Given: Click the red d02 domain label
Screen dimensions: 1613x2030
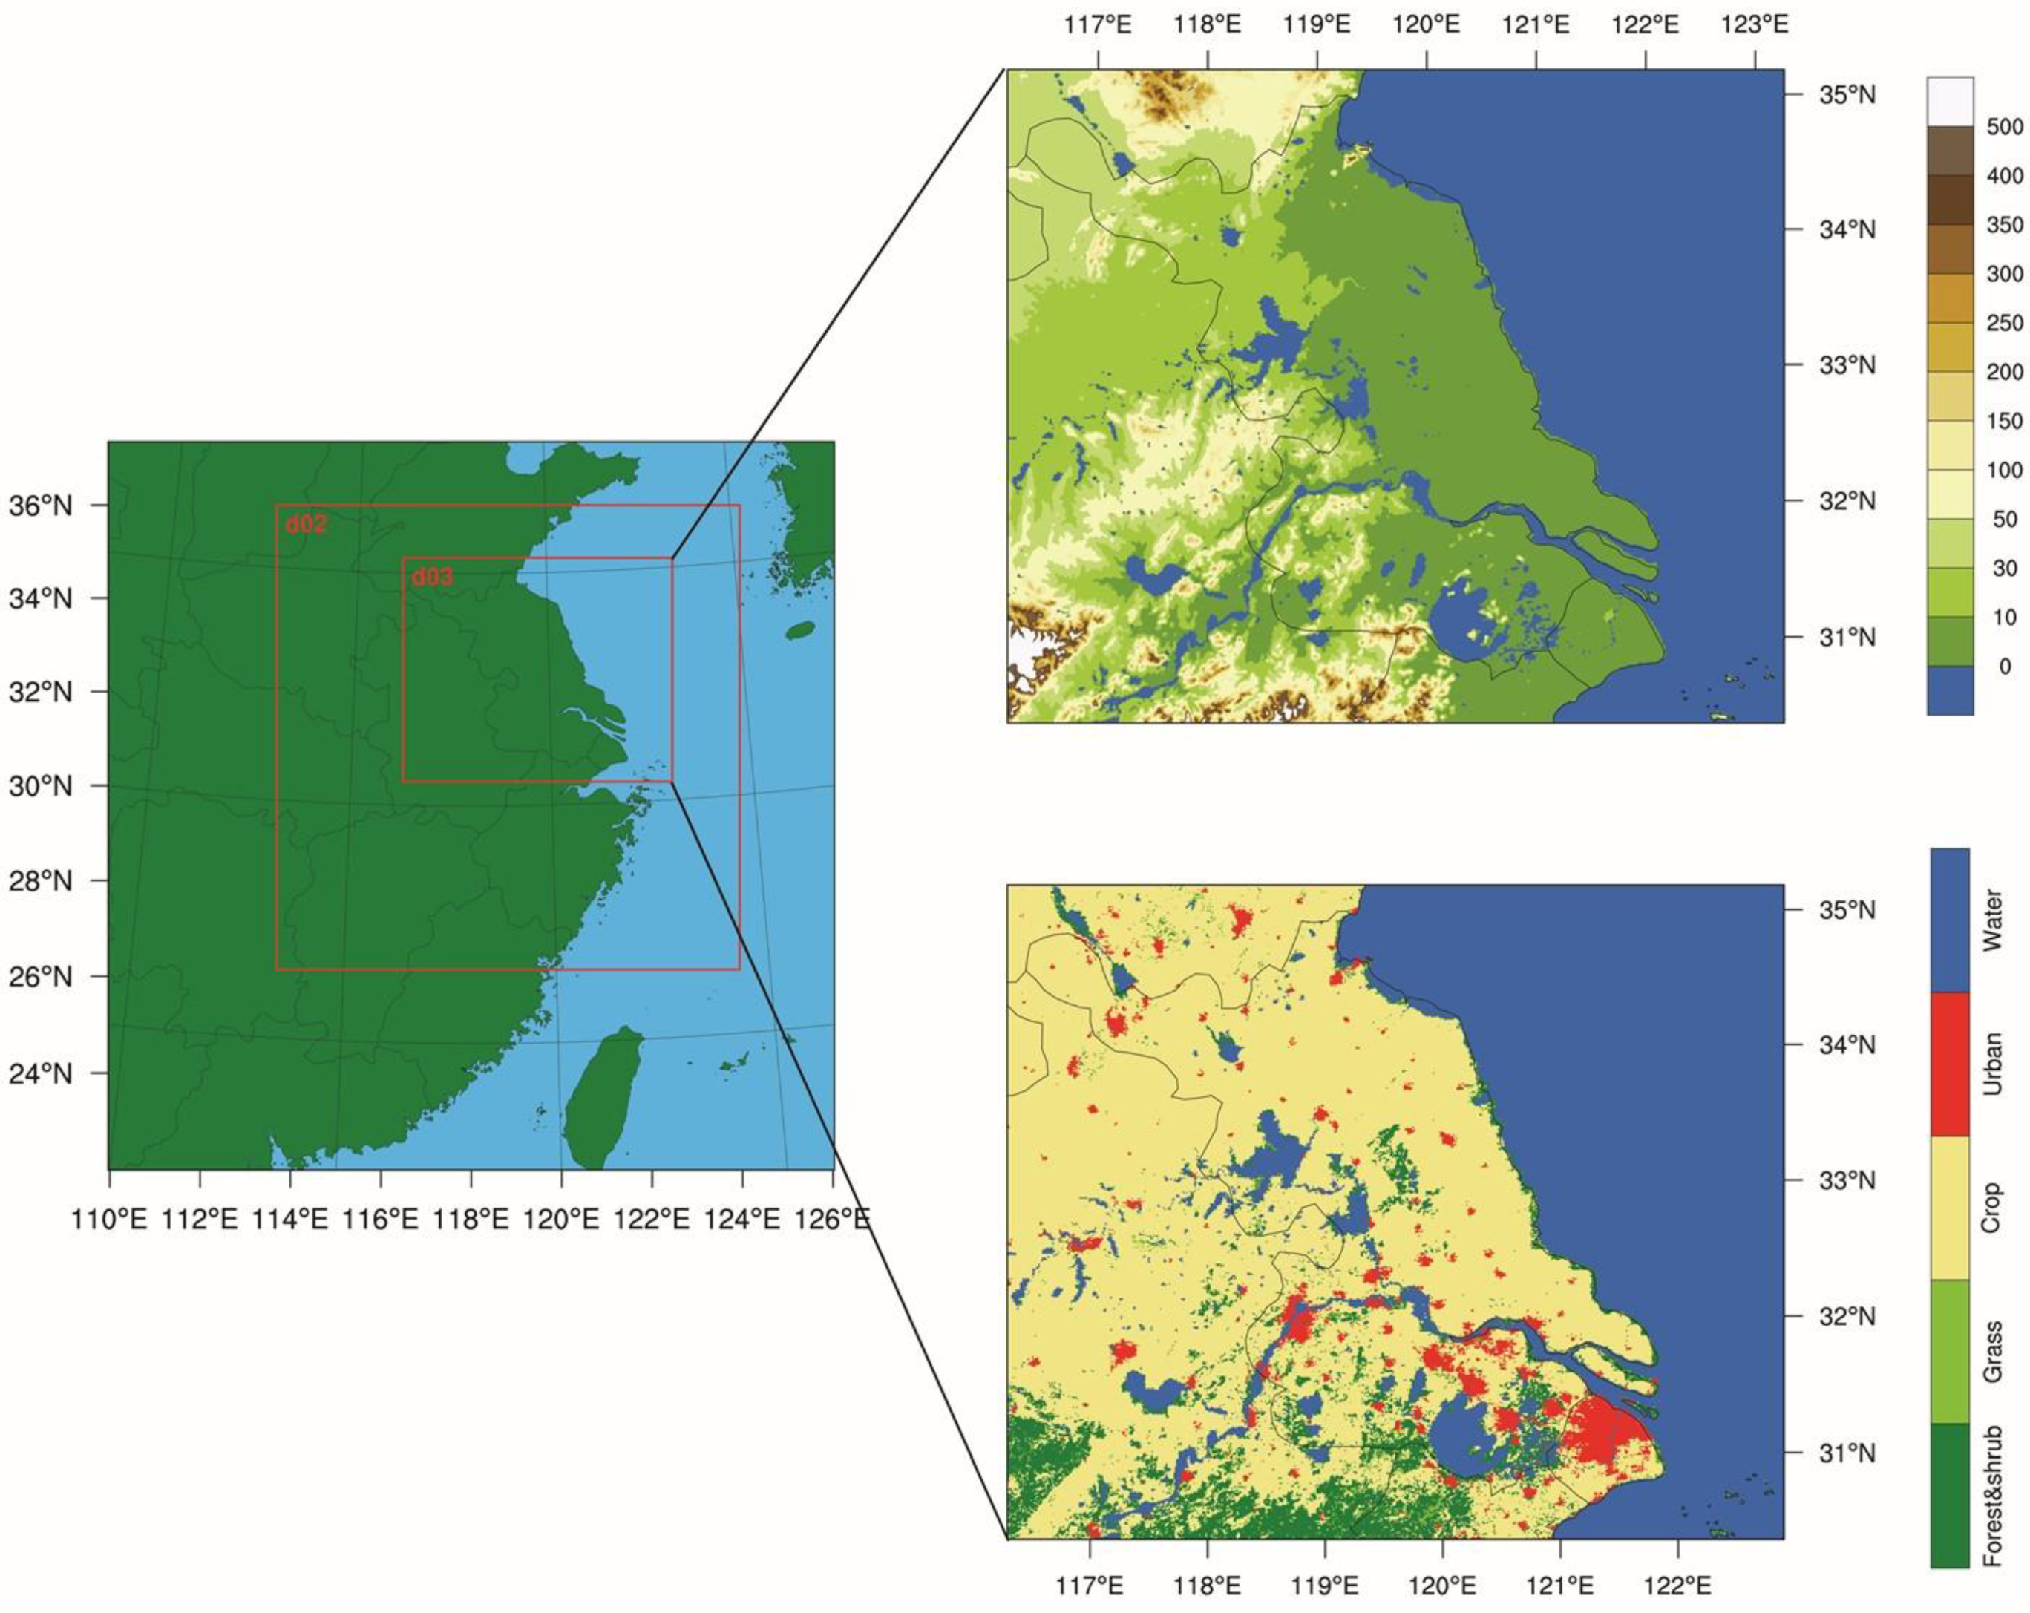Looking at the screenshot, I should pyautogui.click(x=306, y=525).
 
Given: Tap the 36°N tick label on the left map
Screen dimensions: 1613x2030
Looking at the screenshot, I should pyautogui.click(x=41, y=506).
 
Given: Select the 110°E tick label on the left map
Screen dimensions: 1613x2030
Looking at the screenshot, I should pyautogui.click(x=109, y=1220).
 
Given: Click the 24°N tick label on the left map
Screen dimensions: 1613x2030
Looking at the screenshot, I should pyautogui.click(x=41, y=1073).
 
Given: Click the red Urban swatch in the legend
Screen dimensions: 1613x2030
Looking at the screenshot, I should pyautogui.click(x=1949, y=1064).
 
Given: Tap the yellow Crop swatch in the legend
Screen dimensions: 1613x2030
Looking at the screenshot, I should pyautogui.click(x=1949, y=1208).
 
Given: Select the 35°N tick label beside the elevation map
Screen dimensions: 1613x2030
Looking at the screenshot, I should pyautogui.click(x=1847, y=95).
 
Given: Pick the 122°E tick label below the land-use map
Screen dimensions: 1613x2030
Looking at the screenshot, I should pyautogui.click(x=1678, y=1586).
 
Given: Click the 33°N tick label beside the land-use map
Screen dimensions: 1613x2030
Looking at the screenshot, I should pyautogui.click(x=1847, y=1180).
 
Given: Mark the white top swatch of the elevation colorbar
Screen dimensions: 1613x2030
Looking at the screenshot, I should pyautogui.click(x=1950, y=102).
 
